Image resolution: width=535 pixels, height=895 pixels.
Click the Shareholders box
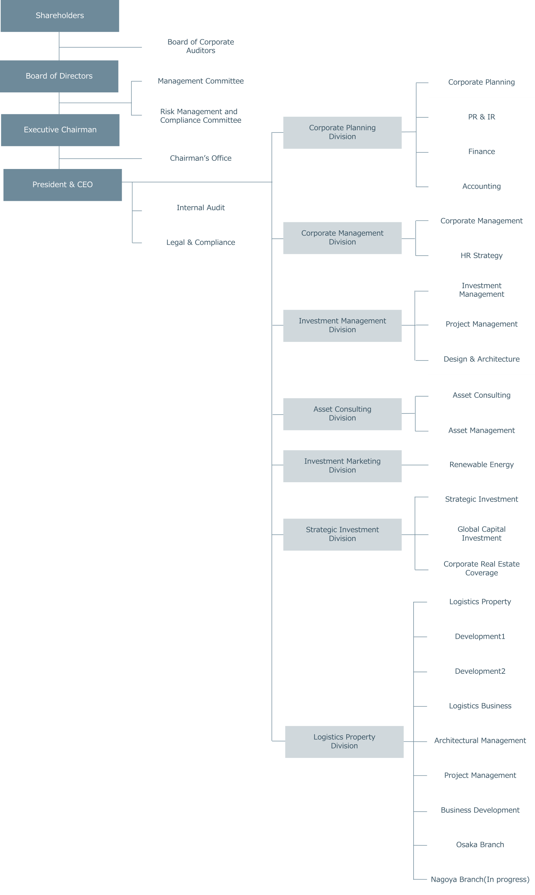click(x=60, y=16)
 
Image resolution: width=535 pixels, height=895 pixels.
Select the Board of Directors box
click(x=59, y=76)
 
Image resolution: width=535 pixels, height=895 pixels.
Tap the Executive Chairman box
click(x=60, y=130)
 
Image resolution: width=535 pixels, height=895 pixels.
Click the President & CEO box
click(x=63, y=185)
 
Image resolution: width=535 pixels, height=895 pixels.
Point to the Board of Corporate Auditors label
click(x=201, y=47)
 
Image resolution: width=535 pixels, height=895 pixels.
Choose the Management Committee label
click(x=201, y=81)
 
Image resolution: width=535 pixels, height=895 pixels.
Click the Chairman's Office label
click(x=201, y=158)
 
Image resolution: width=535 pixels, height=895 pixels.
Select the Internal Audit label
click(x=201, y=208)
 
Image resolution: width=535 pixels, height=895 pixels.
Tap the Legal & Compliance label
click(x=201, y=242)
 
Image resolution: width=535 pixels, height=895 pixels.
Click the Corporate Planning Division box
click(x=342, y=132)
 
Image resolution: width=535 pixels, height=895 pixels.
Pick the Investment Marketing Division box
click(x=342, y=466)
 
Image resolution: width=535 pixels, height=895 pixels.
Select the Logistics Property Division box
click(x=344, y=742)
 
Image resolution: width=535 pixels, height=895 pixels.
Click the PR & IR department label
click(x=482, y=117)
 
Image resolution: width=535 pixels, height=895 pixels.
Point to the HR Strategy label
click(x=482, y=256)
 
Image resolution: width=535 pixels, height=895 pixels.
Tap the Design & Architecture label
click(x=482, y=359)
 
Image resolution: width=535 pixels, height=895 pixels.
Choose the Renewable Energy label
click(x=482, y=465)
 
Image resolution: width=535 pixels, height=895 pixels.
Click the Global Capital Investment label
click(x=482, y=534)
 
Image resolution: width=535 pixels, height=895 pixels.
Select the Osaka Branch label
click(x=480, y=845)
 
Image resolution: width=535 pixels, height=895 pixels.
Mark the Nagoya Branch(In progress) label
click(x=480, y=880)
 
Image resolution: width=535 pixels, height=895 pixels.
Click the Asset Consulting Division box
click(x=342, y=414)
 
